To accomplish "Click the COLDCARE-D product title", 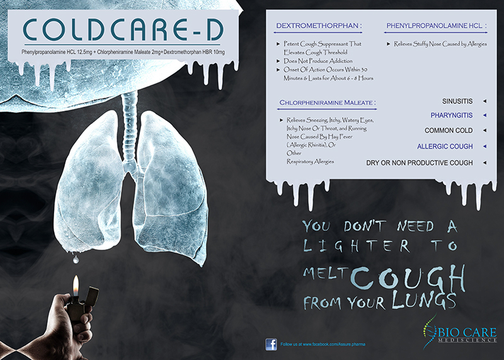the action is [x=123, y=30].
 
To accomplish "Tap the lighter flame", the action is [x=76, y=286].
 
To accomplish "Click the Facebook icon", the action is [x=272, y=344].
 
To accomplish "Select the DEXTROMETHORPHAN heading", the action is [x=319, y=26].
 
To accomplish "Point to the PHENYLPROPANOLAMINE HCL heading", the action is [x=437, y=26].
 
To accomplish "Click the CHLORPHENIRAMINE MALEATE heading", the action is [x=328, y=103].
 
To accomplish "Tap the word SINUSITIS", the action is [x=457, y=102].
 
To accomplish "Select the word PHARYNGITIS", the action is [x=452, y=115].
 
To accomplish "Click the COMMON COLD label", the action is [x=449, y=131].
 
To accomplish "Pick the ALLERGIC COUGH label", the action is [x=445, y=146].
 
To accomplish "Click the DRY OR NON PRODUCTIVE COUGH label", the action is [x=420, y=163].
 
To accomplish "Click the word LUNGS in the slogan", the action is [x=423, y=300].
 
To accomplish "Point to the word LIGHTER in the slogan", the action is [x=357, y=246].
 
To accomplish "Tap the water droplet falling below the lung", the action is [x=76, y=259].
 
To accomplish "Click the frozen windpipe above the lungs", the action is [x=130, y=129].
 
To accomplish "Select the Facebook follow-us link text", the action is [x=323, y=344].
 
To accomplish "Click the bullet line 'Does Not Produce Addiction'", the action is [x=318, y=61].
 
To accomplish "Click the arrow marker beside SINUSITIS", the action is [x=484, y=102].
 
